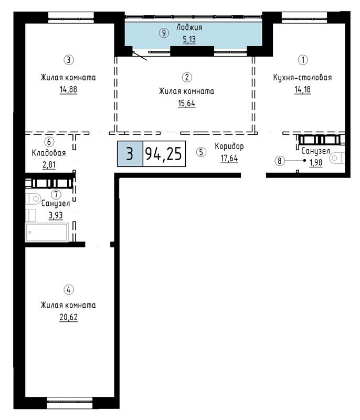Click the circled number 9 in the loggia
pos(164,33)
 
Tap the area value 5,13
pos(189,40)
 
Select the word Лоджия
pos(189,27)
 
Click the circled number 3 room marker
pos(69,60)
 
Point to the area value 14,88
pos(69,89)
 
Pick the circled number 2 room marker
pos(187,77)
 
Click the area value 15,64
pos(187,103)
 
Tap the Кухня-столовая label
pos(302,77)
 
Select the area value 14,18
pos(303,89)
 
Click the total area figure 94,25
pos(164,154)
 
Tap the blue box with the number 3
pos(130,154)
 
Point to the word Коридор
pos(229,146)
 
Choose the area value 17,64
pos(229,159)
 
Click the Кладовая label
pos(49,153)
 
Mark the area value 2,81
pos(49,165)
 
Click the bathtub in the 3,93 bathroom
pos(47,232)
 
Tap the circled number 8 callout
pos(280,161)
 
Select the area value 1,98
pos(316,163)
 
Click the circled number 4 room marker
pos(69,290)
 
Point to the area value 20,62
pos(69,317)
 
